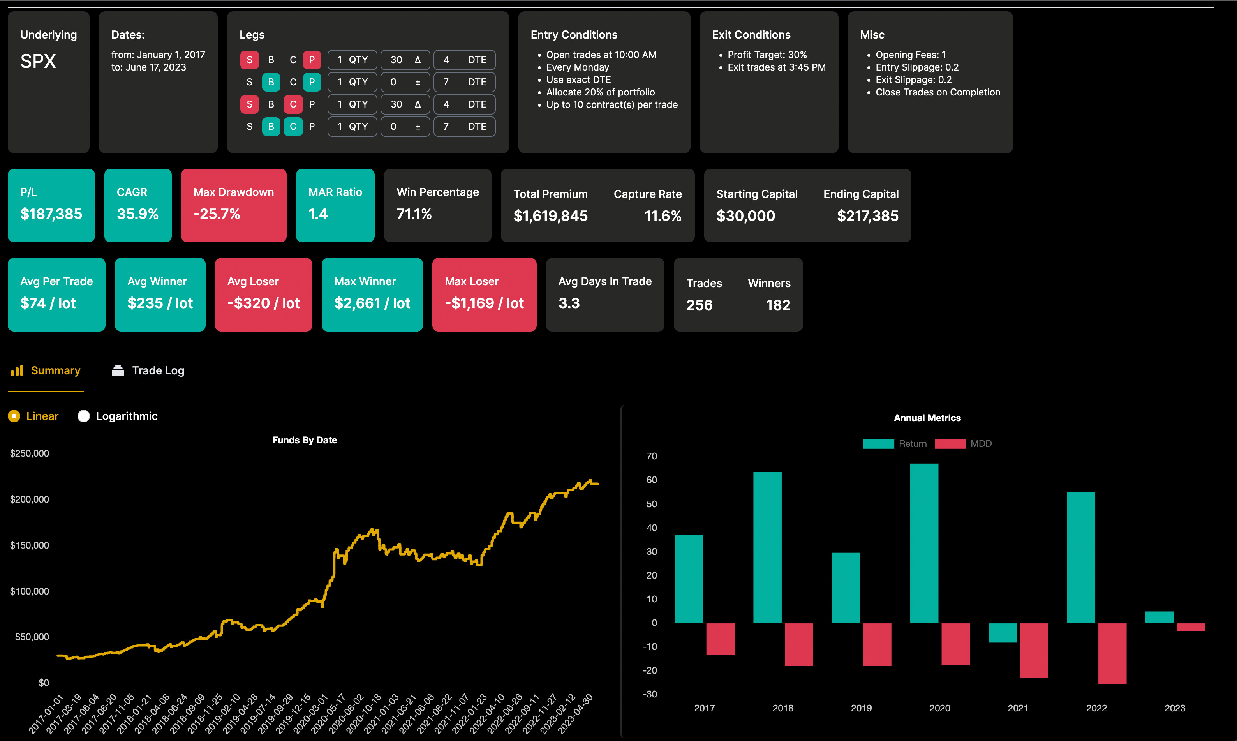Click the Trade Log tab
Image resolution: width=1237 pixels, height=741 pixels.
coord(148,370)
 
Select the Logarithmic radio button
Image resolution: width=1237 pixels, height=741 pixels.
coord(83,416)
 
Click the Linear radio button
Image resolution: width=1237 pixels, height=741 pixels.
coord(14,416)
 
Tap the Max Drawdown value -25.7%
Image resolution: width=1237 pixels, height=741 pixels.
coord(217,214)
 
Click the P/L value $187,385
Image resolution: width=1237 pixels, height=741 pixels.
coord(51,214)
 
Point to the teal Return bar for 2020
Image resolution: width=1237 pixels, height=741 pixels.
coord(923,543)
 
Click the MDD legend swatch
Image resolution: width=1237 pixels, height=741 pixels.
coord(950,444)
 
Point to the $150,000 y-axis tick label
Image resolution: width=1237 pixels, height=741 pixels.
coord(30,545)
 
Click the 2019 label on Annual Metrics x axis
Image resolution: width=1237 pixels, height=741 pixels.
coord(861,708)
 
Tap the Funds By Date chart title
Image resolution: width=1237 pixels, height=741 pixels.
coord(304,440)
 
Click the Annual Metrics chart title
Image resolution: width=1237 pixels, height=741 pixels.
coord(927,418)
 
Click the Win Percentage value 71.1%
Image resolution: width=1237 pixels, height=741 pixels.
coord(414,214)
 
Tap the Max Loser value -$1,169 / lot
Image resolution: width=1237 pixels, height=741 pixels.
coord(484,303)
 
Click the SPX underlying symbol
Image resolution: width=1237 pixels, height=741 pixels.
coord(38,62)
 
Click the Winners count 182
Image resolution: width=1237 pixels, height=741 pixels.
coord(778,305)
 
